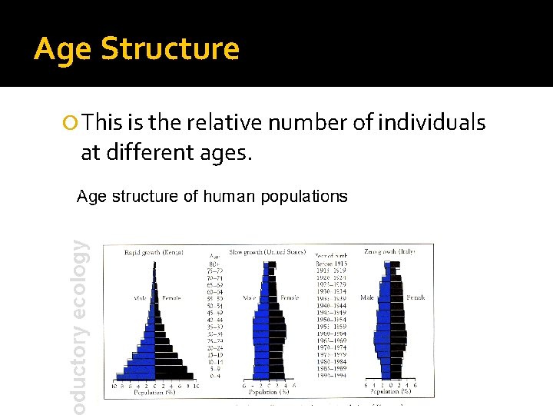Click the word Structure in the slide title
[x=171, y=48]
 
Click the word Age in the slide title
[x=63, y=48]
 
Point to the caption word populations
[x=304, y=196]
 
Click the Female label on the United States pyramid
[x=290, y=297]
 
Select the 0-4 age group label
[x=217, y=377]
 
